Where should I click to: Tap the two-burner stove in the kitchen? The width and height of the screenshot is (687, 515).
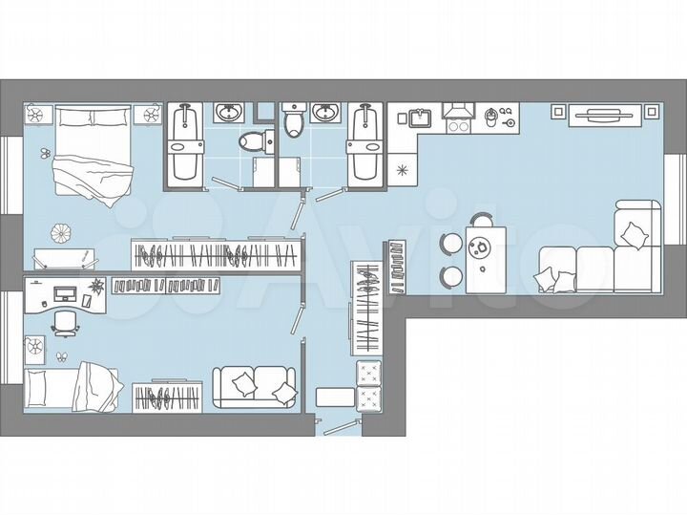click(457, 124)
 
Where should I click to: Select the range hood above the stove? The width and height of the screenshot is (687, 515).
click(458, 108)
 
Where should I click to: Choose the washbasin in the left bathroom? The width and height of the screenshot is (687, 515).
click(228, 114)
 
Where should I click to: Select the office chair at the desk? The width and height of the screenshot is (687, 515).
click(64, 322)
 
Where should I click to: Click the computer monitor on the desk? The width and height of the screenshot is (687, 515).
click(65, 291)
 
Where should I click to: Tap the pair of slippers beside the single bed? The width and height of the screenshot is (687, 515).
click(60, 357)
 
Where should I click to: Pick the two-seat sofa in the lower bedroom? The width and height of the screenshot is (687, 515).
click(254, 387)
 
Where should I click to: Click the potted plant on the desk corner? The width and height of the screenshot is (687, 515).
click(97, 286)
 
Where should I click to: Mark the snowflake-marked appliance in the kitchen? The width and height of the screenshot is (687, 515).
click(403, 170)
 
